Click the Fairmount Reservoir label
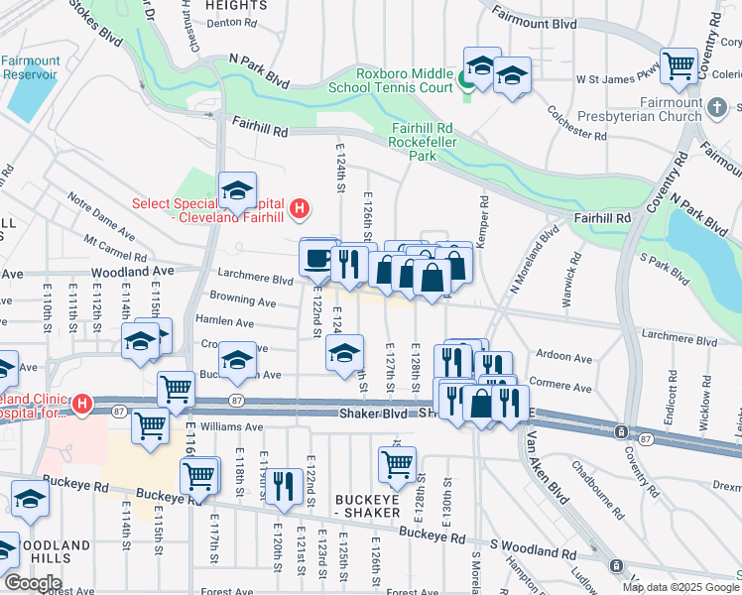[30, 66]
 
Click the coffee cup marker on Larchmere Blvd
[317, 258]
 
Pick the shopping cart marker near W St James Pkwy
[680, 66]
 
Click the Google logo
[32, 583]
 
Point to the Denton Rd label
[230, 22]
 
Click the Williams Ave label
[231, 427]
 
